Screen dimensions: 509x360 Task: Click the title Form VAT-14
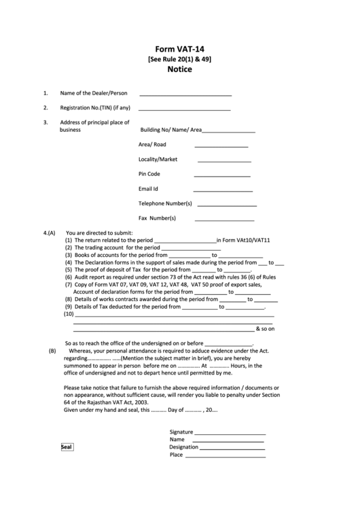[x=179, y=50]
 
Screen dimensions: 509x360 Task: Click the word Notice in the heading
[x=179, y=69]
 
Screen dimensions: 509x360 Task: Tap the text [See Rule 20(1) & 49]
[x=179, y=59]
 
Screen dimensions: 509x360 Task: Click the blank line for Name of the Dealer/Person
[x=185, y=94]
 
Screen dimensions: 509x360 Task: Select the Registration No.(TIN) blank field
[x=185, y=109]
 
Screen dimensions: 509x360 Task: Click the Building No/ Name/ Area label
[x=171, y=130]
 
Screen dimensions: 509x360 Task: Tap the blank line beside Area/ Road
[x=221, y=146]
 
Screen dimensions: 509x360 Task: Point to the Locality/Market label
[x=158, y=160]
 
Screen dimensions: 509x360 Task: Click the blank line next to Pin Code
[x=223, y=176]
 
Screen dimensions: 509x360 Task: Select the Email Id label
[x=148, y=189]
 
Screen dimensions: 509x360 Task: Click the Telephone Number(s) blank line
[x=226, y=205]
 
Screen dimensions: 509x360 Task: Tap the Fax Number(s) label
[x=157, y=219]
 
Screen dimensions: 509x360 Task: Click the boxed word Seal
[x=67, y=447]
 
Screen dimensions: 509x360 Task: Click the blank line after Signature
[x=230, y=433]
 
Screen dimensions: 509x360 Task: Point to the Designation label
[x=183, y=447]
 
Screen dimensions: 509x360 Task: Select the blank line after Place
[x=224, y=456]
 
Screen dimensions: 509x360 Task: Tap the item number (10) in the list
[x=69, y=315]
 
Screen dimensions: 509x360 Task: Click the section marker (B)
[x=52, y=351]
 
